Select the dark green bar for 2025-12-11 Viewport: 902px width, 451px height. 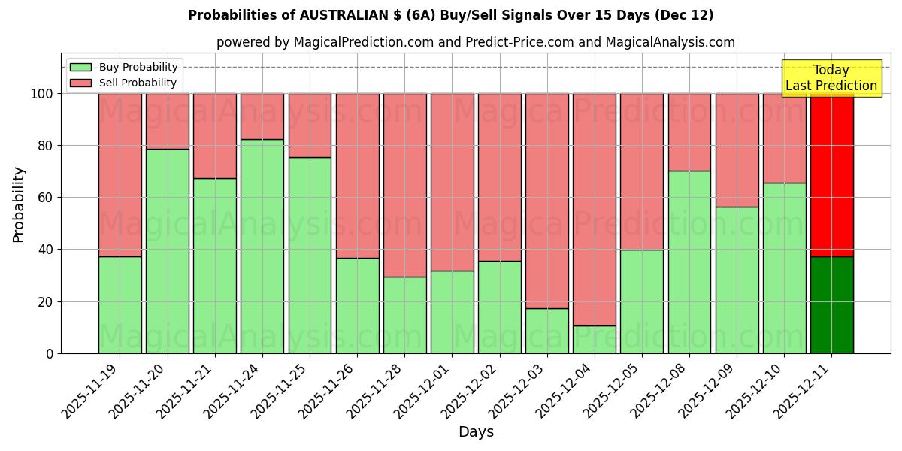click(832, 304)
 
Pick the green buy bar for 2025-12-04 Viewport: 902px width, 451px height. click(595, 339)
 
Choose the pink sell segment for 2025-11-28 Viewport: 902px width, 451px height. click(404, 185)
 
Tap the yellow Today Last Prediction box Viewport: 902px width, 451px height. click(831, 78)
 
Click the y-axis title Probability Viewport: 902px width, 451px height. click(19, 204)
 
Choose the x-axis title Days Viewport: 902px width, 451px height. click(476, 432)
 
